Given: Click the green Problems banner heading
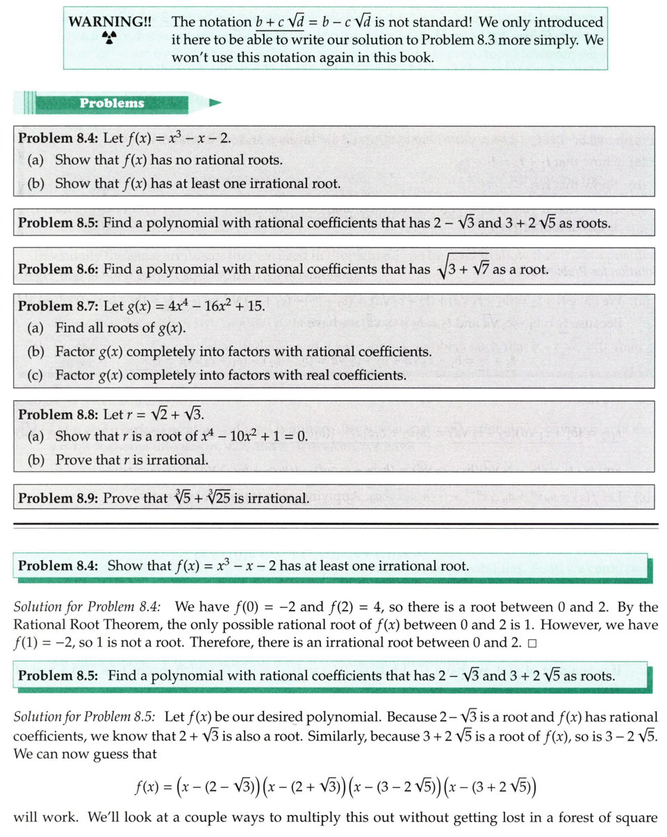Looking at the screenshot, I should [112, 103].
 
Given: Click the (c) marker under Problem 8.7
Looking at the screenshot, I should [36, 375].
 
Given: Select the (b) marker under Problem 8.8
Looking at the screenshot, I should [36, 460].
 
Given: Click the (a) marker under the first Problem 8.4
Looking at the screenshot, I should [36, 160].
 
